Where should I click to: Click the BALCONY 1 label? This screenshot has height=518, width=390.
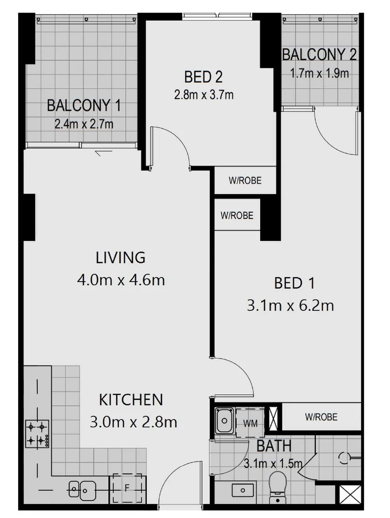pyautogui.click(x=84, y=106)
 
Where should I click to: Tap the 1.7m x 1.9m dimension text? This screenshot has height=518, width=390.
pyautogui.click(x=319, y=73)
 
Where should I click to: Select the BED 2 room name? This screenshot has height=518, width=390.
pyautogui.click(x=204, y=77)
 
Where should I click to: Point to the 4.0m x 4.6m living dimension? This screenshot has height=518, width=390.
pyautogui.click(x=121, y=280)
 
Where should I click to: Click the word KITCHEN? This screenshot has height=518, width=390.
pyautogui.click(x=131, y=399)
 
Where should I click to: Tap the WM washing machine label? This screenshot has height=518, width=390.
pyautogui.click(x=250, y=423)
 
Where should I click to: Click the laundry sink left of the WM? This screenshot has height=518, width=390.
pyautogui.click(x=223, y=421)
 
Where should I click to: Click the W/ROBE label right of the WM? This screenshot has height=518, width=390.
pyautogui.click(x=321, y=417)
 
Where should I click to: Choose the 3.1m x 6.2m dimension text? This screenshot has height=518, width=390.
pyautogui.click(x=290, y=305)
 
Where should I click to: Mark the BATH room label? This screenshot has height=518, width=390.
pyautogui.click(x=274, y=446)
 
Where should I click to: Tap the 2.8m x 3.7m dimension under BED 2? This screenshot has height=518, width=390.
pyautogui.click(x=204, y=95)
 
